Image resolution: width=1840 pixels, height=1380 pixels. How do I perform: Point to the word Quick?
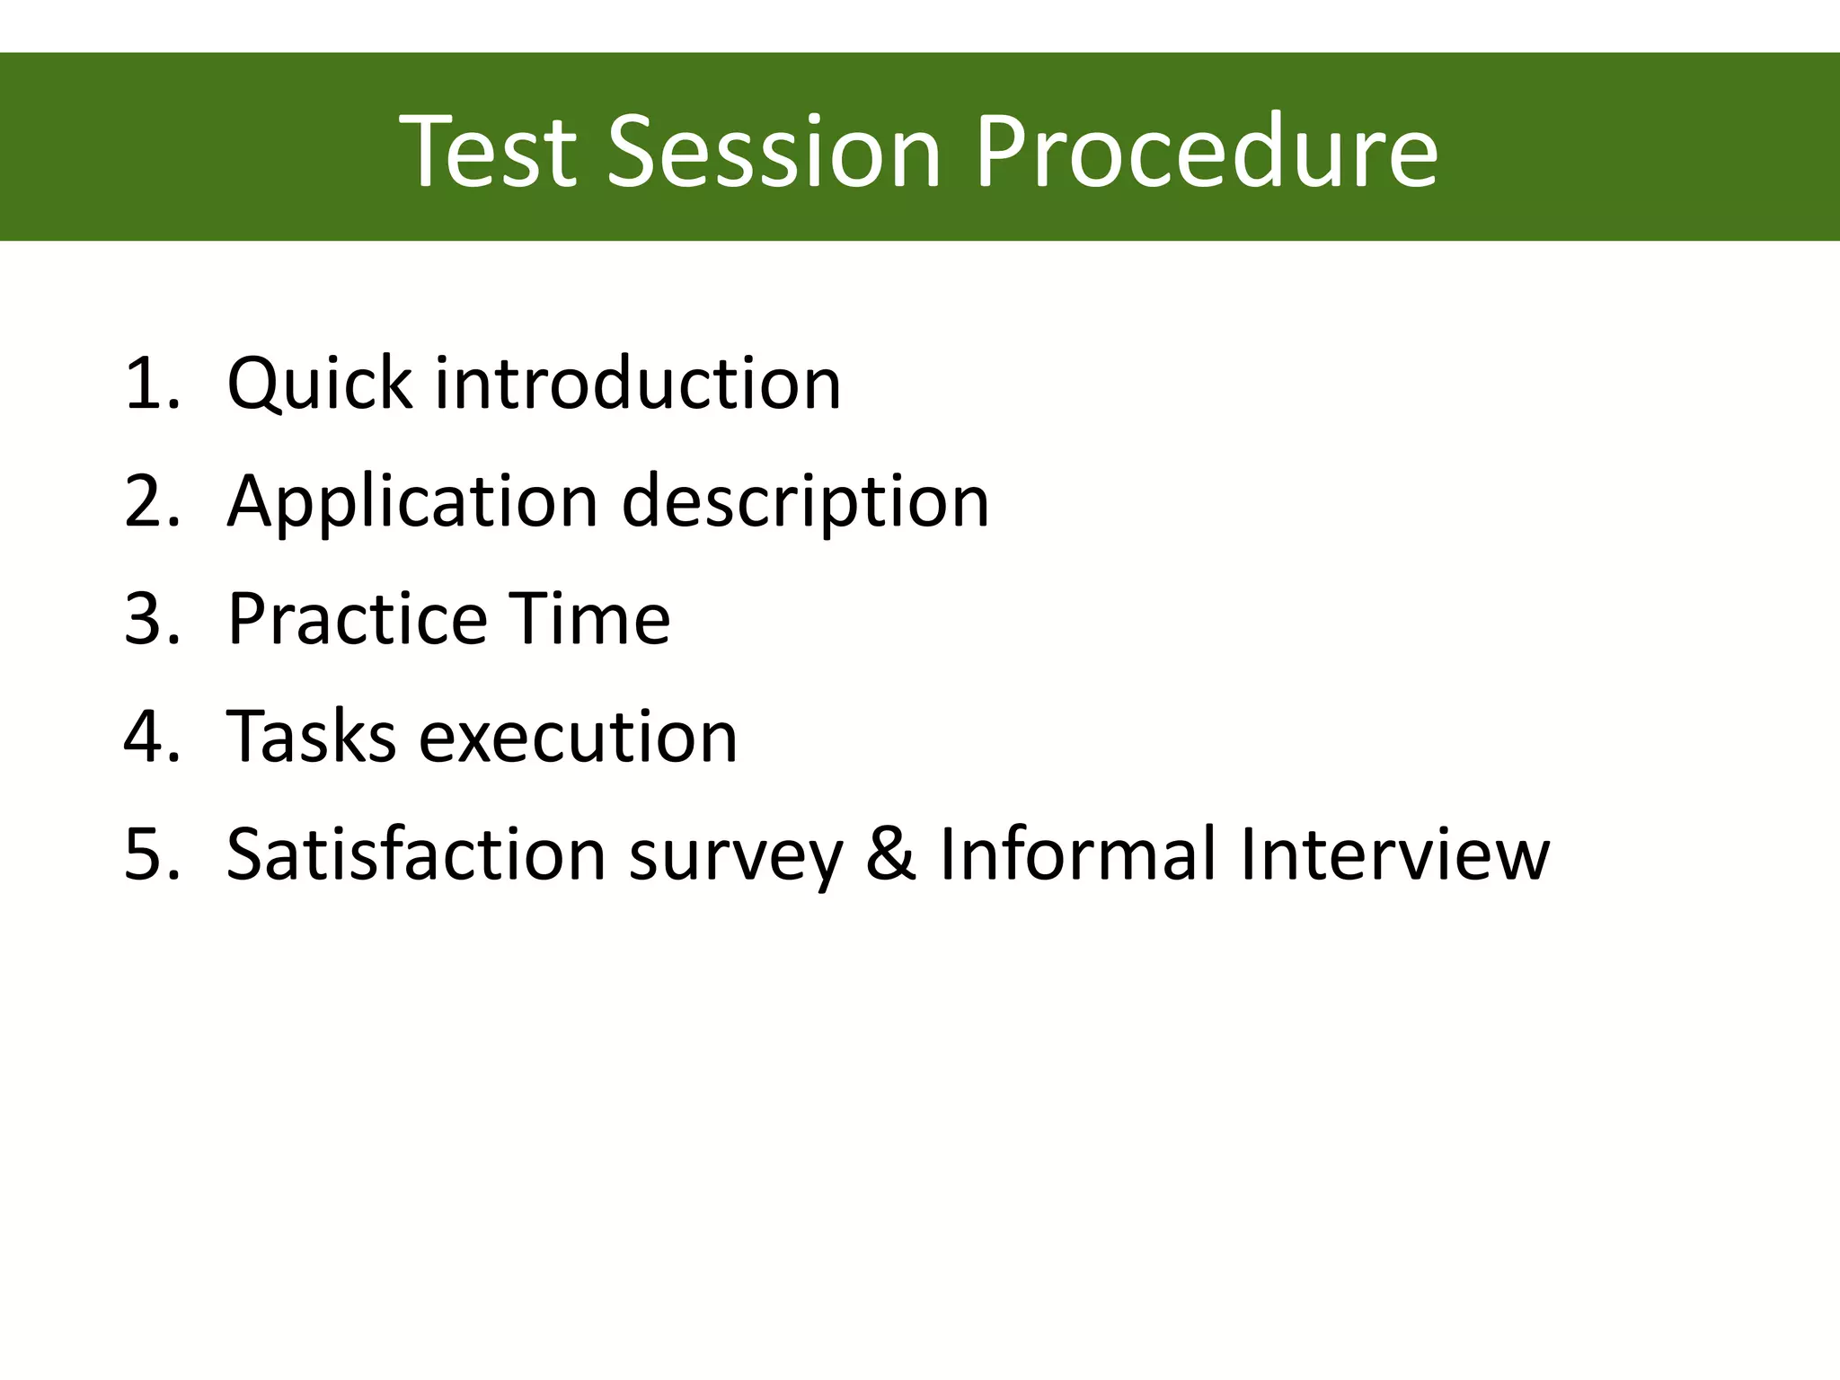point(319,385)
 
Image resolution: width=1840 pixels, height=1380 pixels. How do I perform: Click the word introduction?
point(638,385)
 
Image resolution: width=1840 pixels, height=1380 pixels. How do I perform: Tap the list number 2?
point(148,501)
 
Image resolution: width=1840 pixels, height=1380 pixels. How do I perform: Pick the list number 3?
point(148,619)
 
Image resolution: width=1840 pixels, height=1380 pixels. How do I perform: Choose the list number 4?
point(148,737)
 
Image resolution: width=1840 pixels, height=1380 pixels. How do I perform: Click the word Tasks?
point(311,737)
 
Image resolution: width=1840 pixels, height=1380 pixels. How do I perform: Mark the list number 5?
point(148,854)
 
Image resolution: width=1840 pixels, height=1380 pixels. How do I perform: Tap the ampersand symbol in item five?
point(890,854)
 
